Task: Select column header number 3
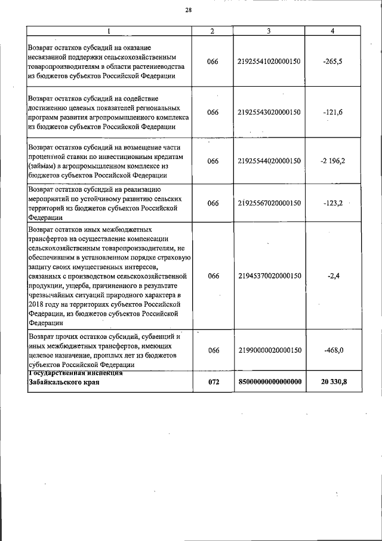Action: point(269,31)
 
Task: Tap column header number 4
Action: point(332,31)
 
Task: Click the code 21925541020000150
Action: point(269,62)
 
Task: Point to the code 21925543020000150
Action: point(269,112)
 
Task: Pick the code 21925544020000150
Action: point(269,161)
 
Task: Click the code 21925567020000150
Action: point(269,203)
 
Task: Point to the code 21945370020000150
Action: point(269,276)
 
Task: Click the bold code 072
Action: point(213,381)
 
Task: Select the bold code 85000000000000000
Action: point(269,381)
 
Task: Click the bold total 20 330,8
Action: point(332,381)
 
